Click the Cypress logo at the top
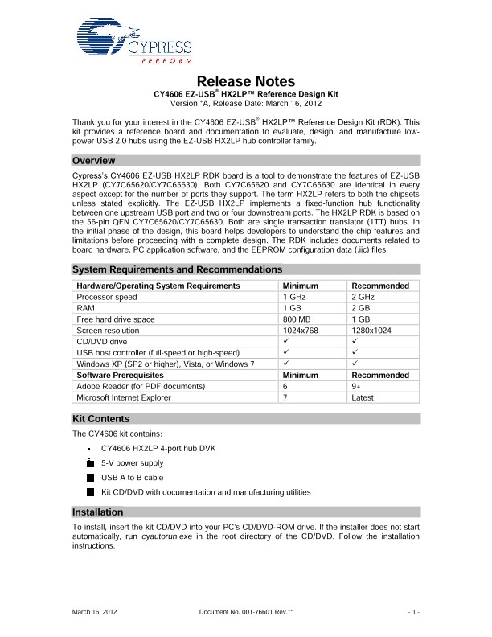tap(133, 41)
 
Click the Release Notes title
tap(246, 81)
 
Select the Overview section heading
tap(95, 161)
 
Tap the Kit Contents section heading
tap(101, 419)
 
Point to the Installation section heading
tap(97, 512)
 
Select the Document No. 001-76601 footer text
tap(245, 614)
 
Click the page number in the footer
tap(413, 614)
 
